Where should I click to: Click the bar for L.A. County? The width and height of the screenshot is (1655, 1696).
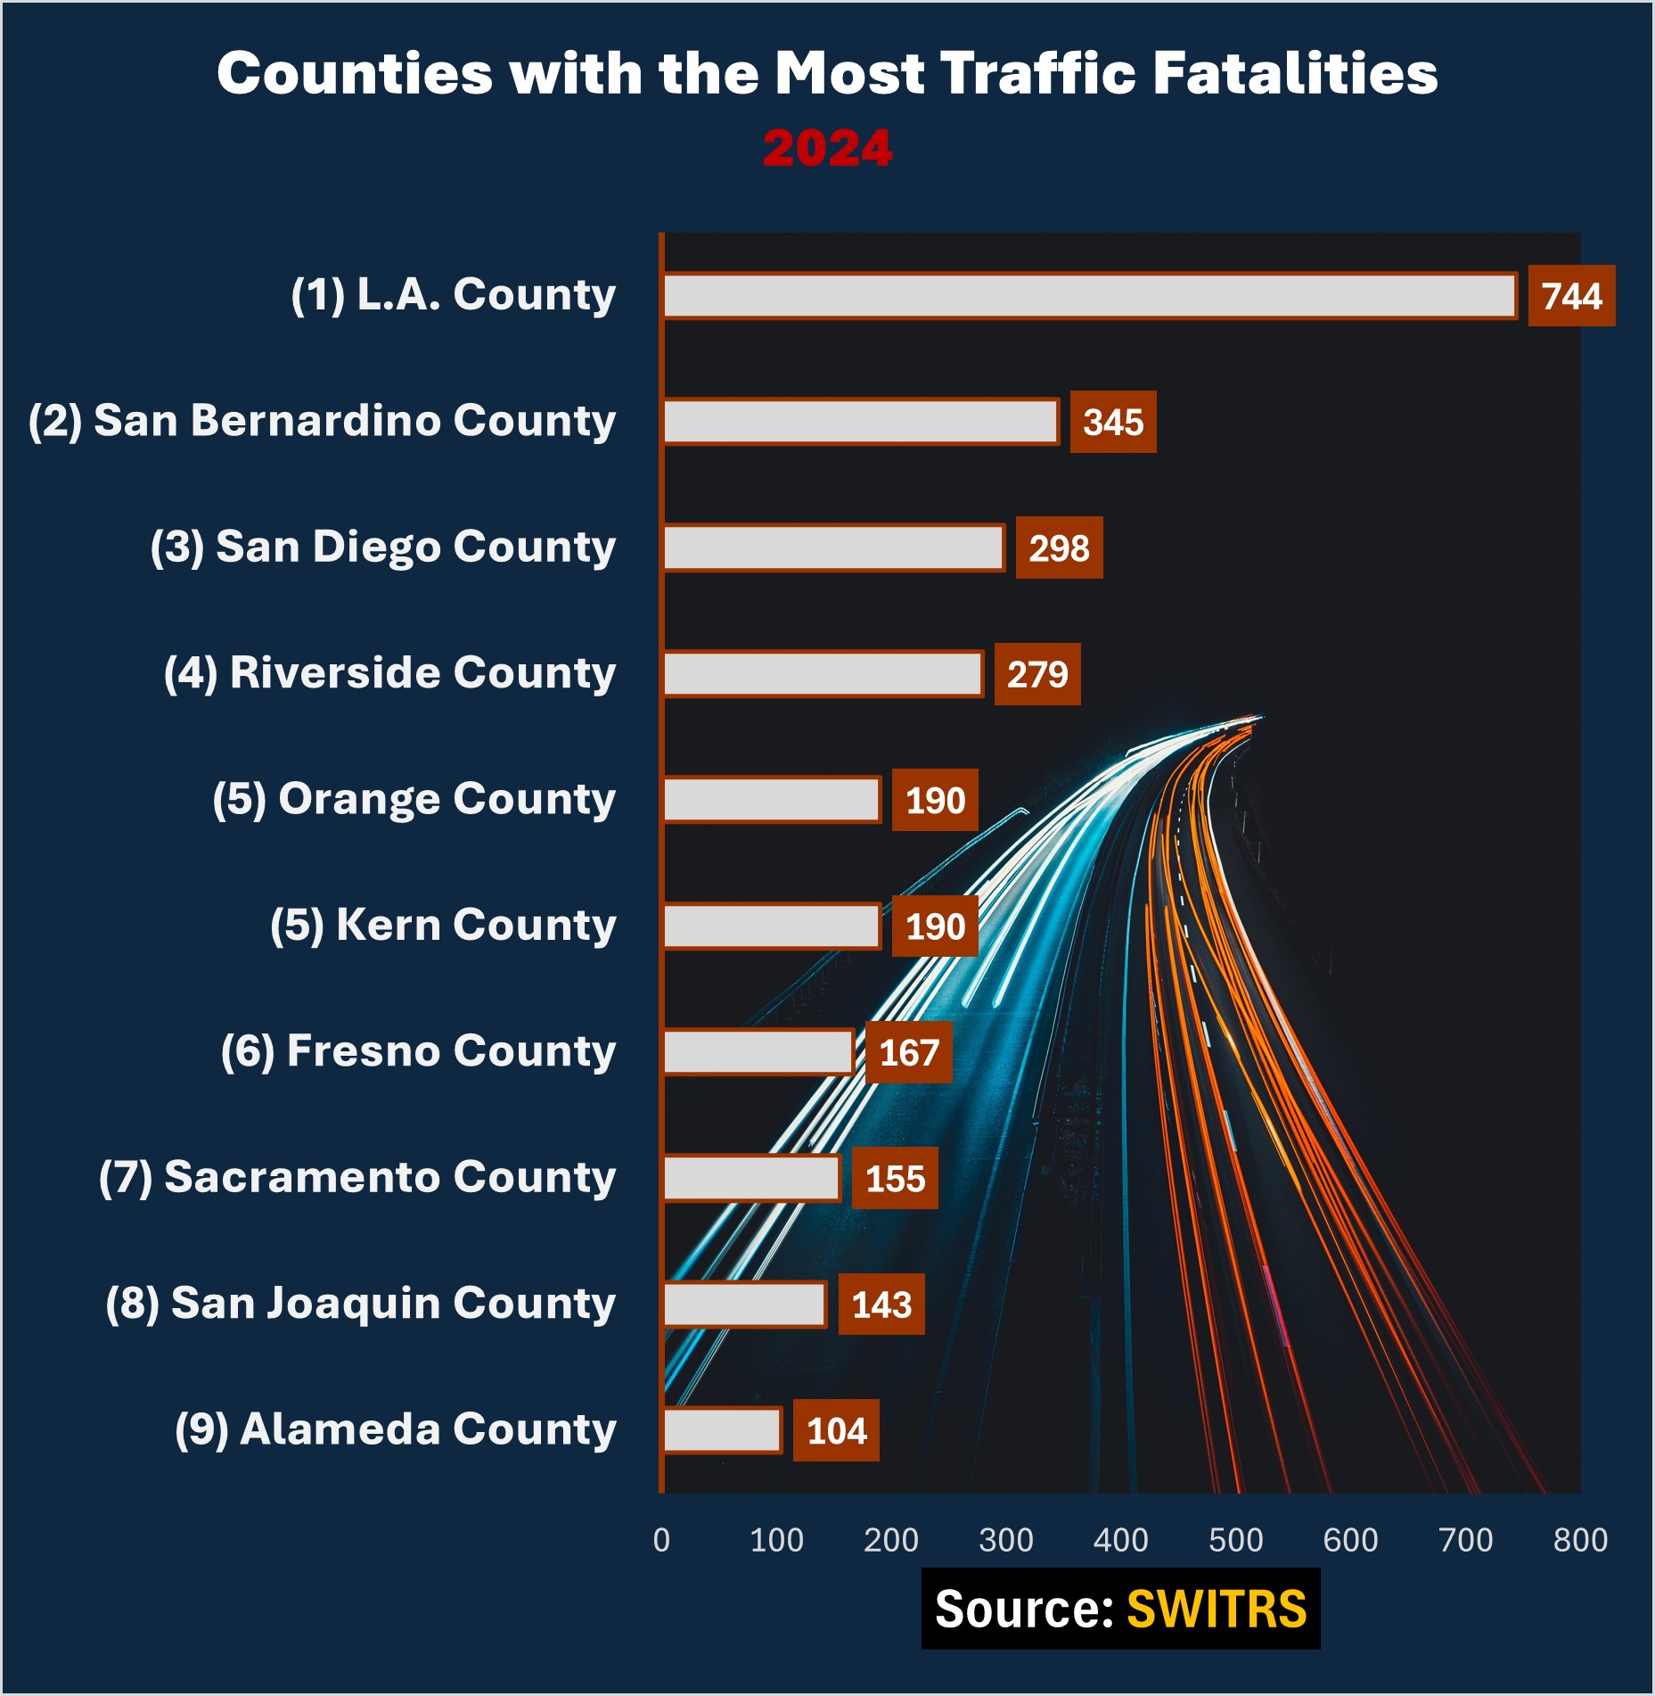click(x=1089, y=296)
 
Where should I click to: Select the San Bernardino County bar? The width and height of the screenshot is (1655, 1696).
click(x=861, y=422)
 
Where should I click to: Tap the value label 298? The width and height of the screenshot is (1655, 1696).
click(x=1059, y=548)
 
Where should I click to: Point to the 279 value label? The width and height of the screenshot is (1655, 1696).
click(x=1037, y=674)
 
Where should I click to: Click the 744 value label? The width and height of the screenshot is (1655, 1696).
click(x=1571, y=296)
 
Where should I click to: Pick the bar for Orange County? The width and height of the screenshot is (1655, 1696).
click(x=772, y=800)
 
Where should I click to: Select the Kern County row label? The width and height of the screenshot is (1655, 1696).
click(x=443, y=926)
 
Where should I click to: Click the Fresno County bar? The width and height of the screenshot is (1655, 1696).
click(x=758, y=1052)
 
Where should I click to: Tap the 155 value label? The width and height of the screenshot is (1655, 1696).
click(x=895, y=1179)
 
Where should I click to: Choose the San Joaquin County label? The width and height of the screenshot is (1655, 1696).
click(x=360, y=1304)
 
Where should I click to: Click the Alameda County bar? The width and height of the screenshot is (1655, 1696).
click(x=723, y=1430)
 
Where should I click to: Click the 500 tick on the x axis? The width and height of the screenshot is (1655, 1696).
click(x=1235, y=1540)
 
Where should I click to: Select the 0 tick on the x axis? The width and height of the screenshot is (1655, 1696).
click(x=661, y=1540)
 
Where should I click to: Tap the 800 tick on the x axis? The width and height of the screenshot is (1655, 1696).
click(x=1580, y=1540)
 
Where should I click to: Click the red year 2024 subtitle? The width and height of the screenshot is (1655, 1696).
click(x=827, y=148)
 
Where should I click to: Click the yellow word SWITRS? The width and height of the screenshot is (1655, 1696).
click(x=1217, y=1610)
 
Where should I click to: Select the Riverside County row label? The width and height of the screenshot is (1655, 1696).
click(x=389, y=673)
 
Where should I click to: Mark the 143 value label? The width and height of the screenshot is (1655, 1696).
click(x=881, y=1305)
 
